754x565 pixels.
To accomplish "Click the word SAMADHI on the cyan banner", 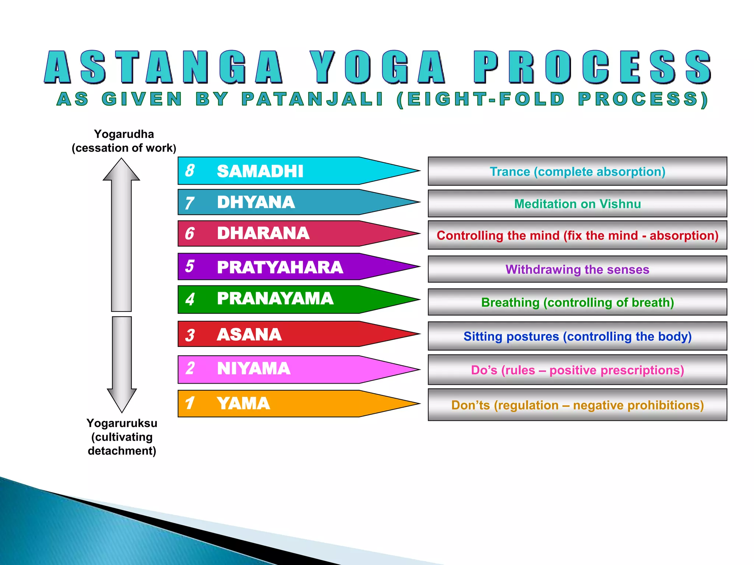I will [260, 171].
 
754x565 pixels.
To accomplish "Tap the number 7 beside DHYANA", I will [189, 203].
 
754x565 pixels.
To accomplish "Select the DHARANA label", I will [263, 233].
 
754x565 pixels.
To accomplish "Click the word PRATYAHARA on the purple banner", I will [280, 267].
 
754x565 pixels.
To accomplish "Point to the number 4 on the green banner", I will [190, 299].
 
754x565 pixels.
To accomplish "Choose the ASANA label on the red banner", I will [249, 334].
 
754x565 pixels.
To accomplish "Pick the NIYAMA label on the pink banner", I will [254, 369].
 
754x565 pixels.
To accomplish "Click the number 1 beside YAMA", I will [190, 403].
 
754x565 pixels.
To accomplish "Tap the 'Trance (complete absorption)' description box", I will [577, 171].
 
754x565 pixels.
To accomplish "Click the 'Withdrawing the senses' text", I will [577, 270].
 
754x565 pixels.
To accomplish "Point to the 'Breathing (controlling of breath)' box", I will [577, 302].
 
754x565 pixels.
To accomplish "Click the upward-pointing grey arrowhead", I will [121, 171].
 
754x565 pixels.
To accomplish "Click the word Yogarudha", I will [124, 134].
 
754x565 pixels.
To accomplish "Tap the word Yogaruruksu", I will [122, 423].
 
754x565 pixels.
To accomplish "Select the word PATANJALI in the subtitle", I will [313, 99].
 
